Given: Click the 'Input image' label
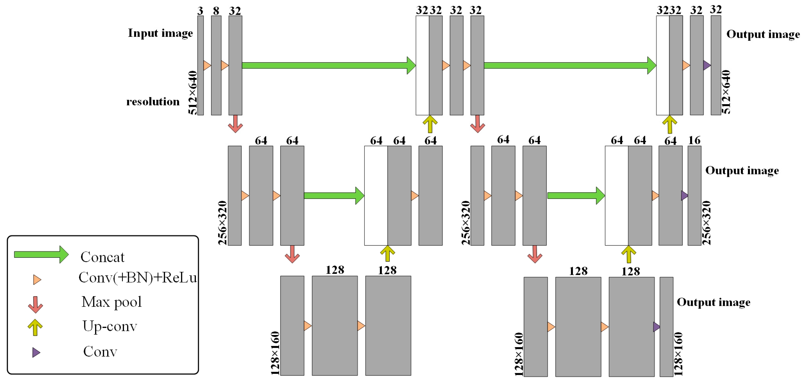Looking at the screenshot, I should point(160,33).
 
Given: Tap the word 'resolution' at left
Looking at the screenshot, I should point(153,102).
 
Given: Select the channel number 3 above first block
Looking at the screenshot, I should point(200,11).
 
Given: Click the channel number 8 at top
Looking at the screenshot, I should point(216,11).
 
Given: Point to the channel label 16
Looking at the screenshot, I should point(694,140).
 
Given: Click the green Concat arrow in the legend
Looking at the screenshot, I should point(41,255).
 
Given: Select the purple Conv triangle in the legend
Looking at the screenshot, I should point(36,352).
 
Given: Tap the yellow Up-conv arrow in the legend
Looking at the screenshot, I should point(35,327).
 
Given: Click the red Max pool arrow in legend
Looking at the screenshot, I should point(35,305).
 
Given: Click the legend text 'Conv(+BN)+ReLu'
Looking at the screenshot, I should point(138,278).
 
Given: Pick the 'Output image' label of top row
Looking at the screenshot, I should point(763,34).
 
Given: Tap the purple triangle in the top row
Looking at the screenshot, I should point(707,65).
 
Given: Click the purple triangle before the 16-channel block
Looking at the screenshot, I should point(684,196).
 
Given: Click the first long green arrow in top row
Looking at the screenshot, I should point(328,65).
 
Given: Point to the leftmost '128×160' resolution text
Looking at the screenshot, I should point(275,353).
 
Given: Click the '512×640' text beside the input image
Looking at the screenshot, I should point(193,93).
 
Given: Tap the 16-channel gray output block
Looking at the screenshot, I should point(694,196).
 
